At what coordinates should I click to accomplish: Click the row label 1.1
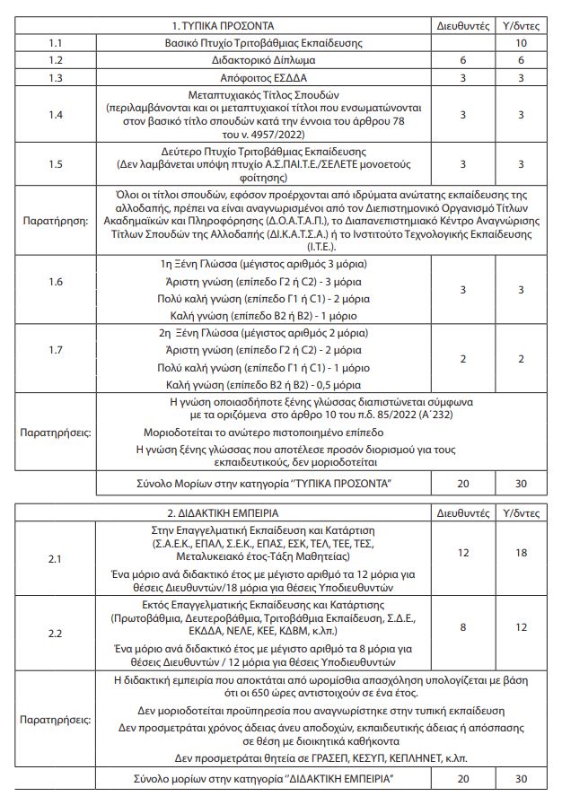point(56,43)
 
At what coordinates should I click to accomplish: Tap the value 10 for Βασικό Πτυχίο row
point(522,43)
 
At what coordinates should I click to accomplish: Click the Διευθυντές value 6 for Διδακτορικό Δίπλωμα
point(462,60)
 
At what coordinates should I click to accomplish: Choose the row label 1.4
point(56,115)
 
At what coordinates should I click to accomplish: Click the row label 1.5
point(56,164)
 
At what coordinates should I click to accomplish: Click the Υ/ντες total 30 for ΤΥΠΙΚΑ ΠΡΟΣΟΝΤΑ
point(522,484)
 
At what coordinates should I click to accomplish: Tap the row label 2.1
point(56,559)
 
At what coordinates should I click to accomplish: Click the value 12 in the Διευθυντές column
point(462,553)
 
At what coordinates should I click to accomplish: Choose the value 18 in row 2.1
point(522,553)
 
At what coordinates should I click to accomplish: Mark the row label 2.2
point(56,634)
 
